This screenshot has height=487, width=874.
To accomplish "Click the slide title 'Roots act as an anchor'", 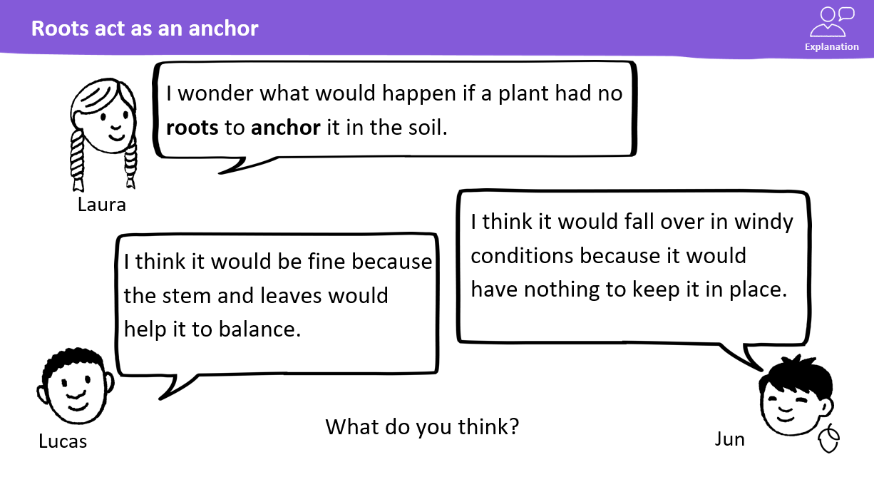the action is coord(145,29).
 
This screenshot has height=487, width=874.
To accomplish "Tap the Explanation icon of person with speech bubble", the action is coord(832,22).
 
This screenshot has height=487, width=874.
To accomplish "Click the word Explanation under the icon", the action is coord(832,47).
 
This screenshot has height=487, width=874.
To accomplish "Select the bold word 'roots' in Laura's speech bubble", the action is coord(192,128).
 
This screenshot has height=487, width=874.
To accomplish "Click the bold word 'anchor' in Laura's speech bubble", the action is coord(286,128).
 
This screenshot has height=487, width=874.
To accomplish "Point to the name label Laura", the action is coord(102,205).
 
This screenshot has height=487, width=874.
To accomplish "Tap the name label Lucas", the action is coord(63,441).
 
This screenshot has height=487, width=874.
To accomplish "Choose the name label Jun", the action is coord(729,440).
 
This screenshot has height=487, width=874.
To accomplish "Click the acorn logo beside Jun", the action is coord(829,439).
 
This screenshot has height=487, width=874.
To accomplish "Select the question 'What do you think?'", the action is coord(422,427).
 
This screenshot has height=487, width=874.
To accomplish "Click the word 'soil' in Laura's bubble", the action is coord(425,128).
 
